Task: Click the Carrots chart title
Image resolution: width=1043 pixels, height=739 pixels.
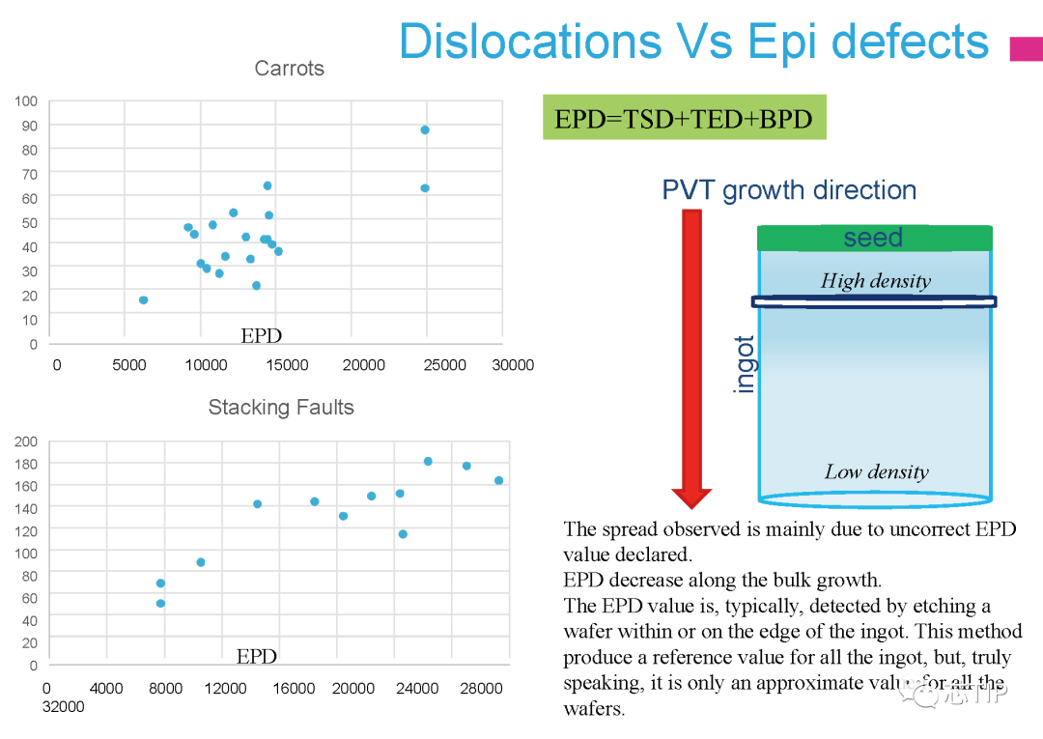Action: [289, 69]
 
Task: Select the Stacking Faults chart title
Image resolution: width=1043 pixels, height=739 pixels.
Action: [281, 408]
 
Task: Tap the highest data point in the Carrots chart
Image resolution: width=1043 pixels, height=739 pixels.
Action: [424, 129]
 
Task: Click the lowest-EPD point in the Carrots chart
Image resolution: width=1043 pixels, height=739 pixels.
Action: [143, 299]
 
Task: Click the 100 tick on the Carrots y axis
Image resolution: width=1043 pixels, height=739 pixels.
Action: [26, 100]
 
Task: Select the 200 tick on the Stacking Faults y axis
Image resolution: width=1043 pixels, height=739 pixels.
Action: [26, 441]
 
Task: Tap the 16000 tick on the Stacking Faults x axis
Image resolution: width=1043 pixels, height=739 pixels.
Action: [294, 689]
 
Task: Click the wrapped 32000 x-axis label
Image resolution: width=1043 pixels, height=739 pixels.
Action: [63, 706]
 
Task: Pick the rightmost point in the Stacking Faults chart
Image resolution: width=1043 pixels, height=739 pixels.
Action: [498, 480]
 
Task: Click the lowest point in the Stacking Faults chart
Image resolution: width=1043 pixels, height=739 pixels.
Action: [160, 603]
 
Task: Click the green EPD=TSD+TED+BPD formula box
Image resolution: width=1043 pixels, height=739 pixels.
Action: [684, 118]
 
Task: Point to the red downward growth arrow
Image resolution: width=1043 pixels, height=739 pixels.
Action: [691, 357]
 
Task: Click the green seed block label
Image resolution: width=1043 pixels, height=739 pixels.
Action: [873, 238]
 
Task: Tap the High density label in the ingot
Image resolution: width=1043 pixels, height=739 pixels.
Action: [876, 281]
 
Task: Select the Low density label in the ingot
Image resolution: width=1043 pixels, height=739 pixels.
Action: [876, 472]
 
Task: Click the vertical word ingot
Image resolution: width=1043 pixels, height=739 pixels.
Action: [746, 363]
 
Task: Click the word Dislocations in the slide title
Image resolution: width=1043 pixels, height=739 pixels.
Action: [530, 42]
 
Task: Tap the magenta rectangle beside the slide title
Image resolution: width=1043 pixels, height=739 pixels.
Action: [1026, 49]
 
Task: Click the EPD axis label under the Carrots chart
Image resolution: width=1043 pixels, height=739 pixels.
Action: [261, 335]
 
